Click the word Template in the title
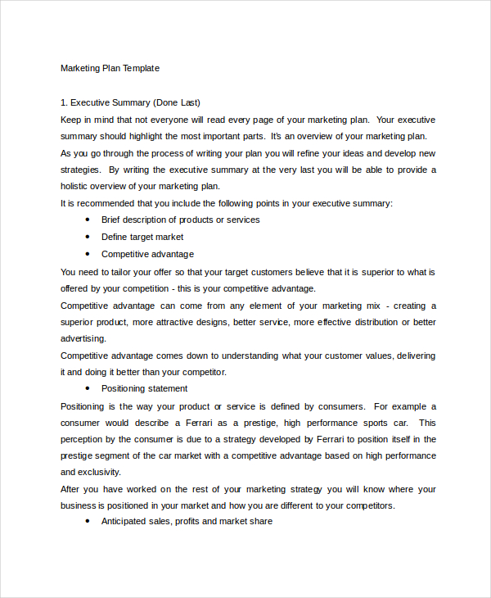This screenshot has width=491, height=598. (142, 68)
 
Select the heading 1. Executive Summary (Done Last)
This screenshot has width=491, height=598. (130, 102)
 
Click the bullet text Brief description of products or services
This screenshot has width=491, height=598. (180, 220)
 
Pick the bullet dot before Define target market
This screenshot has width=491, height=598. (88, 237)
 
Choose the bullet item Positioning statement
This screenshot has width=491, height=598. (144, 388)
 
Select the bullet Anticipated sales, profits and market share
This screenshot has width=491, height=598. (187, 521)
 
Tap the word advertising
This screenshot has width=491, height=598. (83, 338)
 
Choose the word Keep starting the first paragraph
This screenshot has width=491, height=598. (71, 120)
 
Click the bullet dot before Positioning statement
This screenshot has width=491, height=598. (88, 388)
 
